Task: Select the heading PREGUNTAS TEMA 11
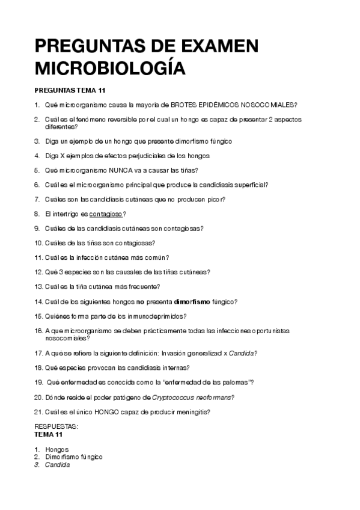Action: pos(70,90)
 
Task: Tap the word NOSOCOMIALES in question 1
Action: pos(269,105)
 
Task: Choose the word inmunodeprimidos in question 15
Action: pos(156,316)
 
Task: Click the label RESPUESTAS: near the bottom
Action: pos(57,427)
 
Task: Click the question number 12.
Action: pos(39,272)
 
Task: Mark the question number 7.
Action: pos(37,200)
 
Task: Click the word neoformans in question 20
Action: pos(213,398)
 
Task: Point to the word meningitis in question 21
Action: pos(192,412)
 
